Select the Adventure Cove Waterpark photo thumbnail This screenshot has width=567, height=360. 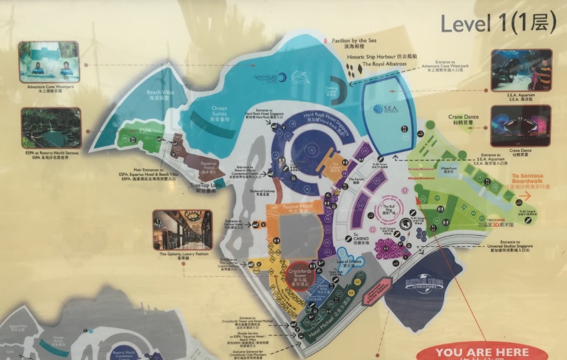point(48,62)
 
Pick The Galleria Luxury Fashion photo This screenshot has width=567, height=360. point(182,229)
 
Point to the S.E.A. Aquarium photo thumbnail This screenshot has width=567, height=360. point(522,70)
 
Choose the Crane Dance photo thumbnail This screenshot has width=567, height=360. point(520,125)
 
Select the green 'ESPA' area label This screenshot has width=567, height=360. point(144,138)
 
